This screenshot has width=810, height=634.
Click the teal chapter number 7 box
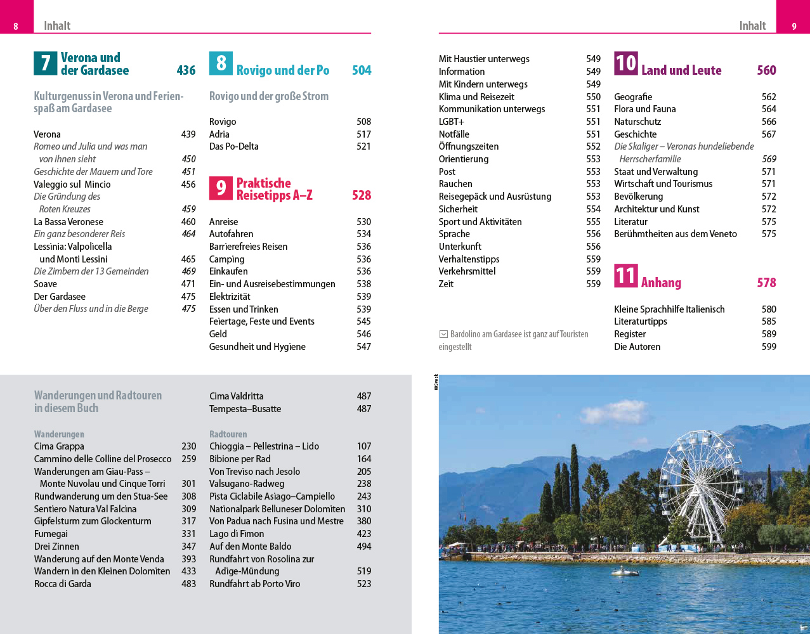[45, 63]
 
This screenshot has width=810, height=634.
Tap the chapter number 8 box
[221, 63]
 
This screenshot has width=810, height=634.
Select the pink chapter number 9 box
[221, 188]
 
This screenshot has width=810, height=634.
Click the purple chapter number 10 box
[625, 63]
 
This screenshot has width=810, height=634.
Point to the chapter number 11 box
[625, 276]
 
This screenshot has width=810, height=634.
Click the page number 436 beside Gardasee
[186, 70]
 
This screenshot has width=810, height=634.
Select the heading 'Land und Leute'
[681, 70]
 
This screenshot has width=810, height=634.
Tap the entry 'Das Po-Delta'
[234, 146]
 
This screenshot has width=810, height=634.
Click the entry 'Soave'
[46, 284]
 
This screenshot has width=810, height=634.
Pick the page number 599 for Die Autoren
[769, 347]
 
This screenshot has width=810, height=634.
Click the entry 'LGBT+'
[452, 122]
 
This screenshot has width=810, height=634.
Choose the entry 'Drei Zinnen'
[57, 547]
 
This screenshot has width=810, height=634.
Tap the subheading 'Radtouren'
[228, 434]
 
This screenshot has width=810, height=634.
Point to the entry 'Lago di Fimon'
[237, 534]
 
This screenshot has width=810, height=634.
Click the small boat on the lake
[625, 572]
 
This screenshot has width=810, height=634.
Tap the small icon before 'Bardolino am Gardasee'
[443, 334]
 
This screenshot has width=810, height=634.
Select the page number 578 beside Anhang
[766, 283]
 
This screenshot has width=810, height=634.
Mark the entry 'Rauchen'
[455, 184]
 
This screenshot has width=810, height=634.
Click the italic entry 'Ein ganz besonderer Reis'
[79, 234]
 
